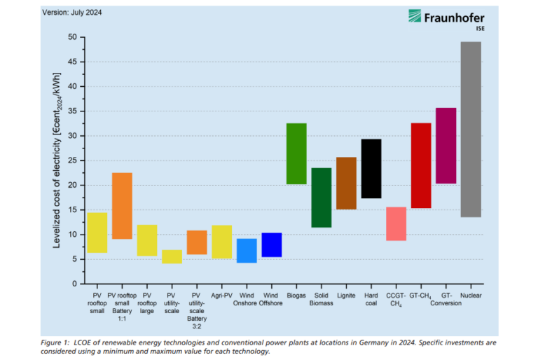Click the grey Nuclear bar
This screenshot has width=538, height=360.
(x=471, y=130)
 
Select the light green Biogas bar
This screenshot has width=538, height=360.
(x=296, y=153)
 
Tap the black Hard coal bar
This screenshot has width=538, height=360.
(x=371, y=169)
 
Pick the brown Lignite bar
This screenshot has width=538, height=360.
(x=346, y=184)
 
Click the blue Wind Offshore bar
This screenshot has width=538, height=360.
(x=271, y=244)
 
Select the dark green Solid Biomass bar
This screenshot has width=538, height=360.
(x=322, y=198)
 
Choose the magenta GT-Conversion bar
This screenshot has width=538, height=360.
(x=446, y=146)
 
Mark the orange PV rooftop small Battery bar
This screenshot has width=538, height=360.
(x=122, y=206)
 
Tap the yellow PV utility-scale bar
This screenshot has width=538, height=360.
(x=172, y=257)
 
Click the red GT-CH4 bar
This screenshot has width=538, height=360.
(x=421, y=165)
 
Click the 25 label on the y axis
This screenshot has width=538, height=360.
(x=71, y=160)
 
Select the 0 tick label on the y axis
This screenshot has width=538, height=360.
(x=74, y=284)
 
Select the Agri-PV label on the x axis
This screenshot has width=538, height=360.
(x=221, y=296)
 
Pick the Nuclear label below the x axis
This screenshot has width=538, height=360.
(x=471, y=296)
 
